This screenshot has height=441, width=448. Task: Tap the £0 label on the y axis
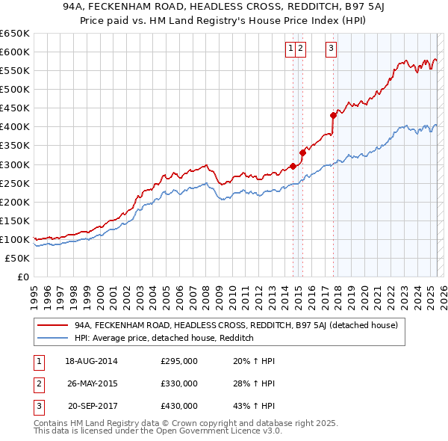click(22, 277)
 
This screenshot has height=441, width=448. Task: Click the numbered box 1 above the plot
click(290, 49)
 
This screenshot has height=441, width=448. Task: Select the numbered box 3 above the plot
click(330, 49)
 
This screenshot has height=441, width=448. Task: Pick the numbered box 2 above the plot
click(300, 49)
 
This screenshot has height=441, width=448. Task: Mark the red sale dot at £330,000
click(302, 152)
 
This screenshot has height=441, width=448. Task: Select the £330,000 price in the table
click(179, 383)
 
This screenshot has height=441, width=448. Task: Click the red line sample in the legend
click(52, 326)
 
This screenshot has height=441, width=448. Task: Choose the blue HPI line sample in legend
click(52, 338)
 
